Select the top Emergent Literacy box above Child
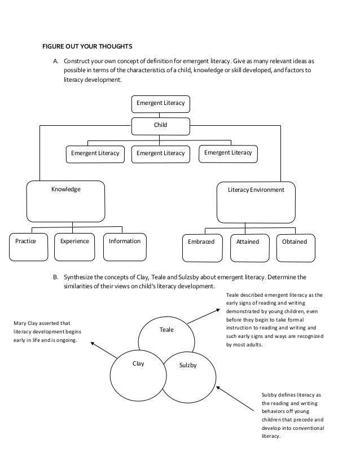click(161, 103)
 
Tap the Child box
click(161, 125)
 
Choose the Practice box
click(26, 241)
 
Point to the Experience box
click(74, 241)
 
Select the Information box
click(125, 241)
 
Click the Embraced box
click(201, 242)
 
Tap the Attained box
click(248, 242)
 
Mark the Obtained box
click(295, 242)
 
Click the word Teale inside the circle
click(167, 329)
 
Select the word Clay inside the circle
click(138, 364)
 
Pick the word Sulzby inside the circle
click(187, 366)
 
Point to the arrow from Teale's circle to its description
click(203, 315)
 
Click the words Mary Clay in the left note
click(26, 323)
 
